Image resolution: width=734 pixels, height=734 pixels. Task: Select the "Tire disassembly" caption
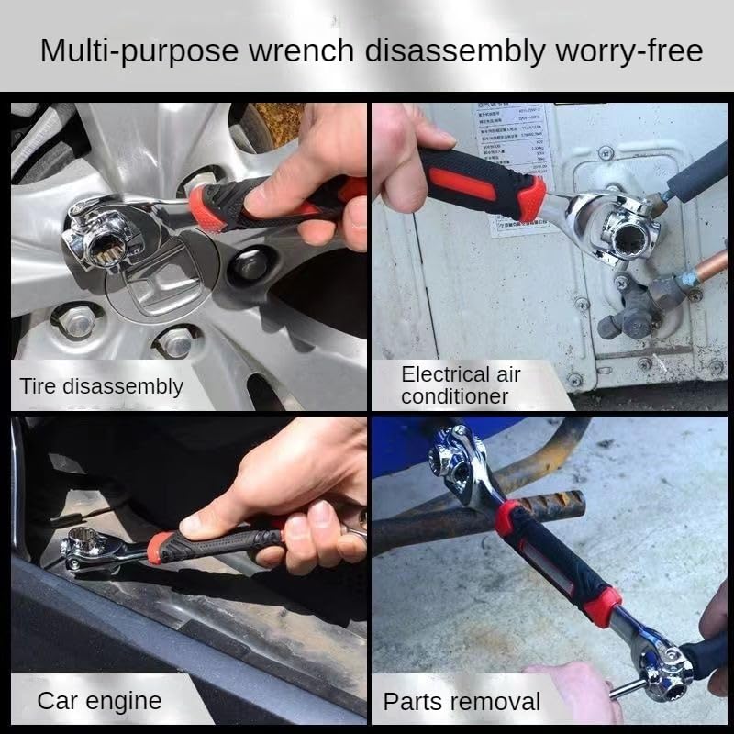pyautogui.click(x=101, y=386)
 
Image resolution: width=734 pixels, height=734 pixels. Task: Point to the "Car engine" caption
pyautogui.click(x=99, y=702)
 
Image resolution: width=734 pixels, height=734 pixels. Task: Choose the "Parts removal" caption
pyautogui.click(x=462, y=703)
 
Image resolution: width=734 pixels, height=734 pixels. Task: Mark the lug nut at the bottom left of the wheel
pyautogui.click(x=78, y=320)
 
